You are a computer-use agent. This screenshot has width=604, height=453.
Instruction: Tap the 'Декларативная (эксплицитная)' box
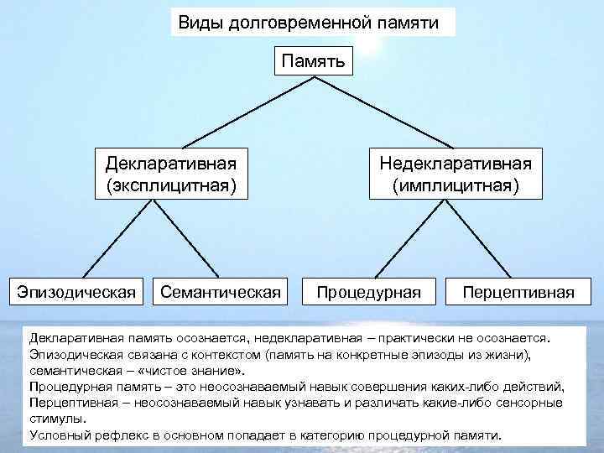point(171,171)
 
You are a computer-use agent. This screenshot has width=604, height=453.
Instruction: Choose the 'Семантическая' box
point(220,292)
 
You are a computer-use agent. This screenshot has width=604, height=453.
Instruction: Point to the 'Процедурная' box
point(370,292)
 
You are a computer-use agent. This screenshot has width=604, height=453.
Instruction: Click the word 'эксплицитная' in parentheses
point(171,183)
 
